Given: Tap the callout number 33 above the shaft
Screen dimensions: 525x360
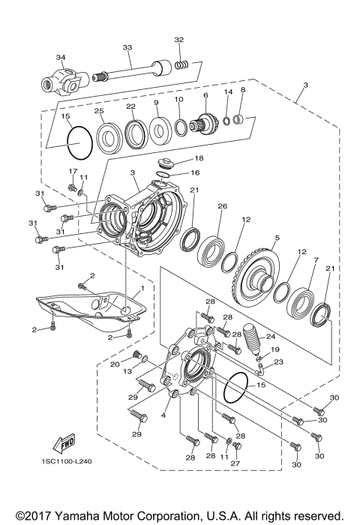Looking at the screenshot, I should click(x=127, y=47).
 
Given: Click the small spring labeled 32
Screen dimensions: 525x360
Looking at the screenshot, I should click(x=179, y=65).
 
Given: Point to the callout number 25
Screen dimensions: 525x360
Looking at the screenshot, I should click(x=98, y=112).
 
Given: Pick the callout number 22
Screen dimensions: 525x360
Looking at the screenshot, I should click(x=130, y=106).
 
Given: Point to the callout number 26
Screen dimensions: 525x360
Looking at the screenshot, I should click(x=221, y=206).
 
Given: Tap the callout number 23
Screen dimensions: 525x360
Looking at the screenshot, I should click(x=279, y=361).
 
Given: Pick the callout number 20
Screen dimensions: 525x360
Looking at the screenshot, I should click(x=115, y=364).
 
